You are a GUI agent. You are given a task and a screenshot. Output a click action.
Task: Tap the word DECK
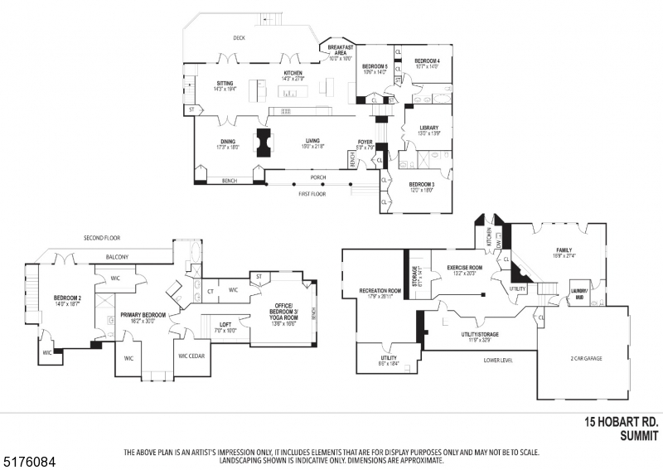coord(240,38)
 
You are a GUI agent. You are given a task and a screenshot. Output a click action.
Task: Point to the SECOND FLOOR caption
coord(102,238)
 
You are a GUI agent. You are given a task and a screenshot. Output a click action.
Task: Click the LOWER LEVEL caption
coord(497,361)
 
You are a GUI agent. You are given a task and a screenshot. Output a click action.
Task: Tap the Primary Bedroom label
coord(143,315)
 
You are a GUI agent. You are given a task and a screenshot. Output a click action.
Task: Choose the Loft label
coord(225,326)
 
